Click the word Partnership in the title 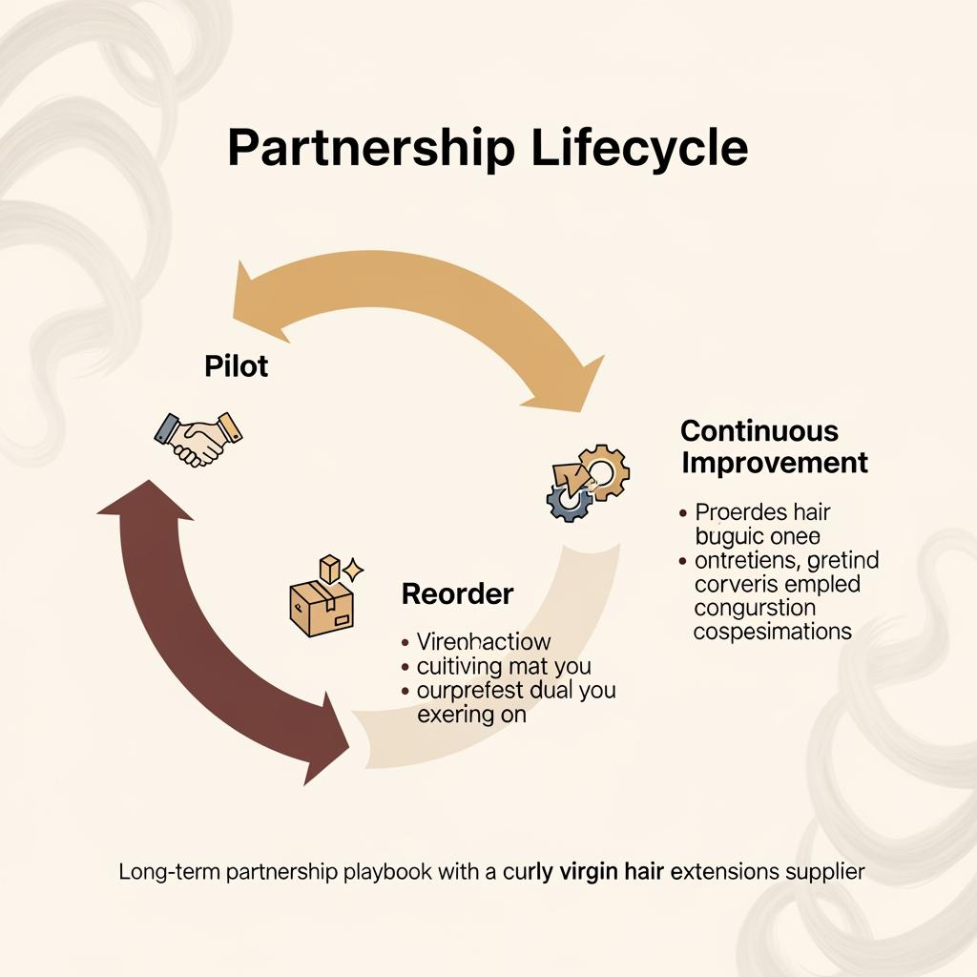pyautogui.click(x=368, y=150)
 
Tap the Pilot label pyautogui.click(x=236, y=365)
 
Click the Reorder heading pyautogui.click(x=457, y=593)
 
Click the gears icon pyautogui.click(x=586, y=481)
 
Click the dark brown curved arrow pyautogui.click(x=191, y=630)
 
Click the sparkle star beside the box pyautogui.click(x=353, y=572)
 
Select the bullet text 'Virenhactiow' pyautogui.click(x=484, y=641)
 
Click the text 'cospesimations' pyautogui.click(x=773, y=632)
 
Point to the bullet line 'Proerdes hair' pyautogui.click(x=763, y=512)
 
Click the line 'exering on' pyautogui.click(x=471, y=714)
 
